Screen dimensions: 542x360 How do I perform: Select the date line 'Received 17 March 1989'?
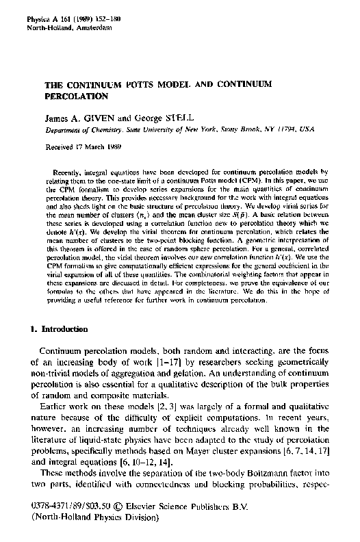pos(83,146)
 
